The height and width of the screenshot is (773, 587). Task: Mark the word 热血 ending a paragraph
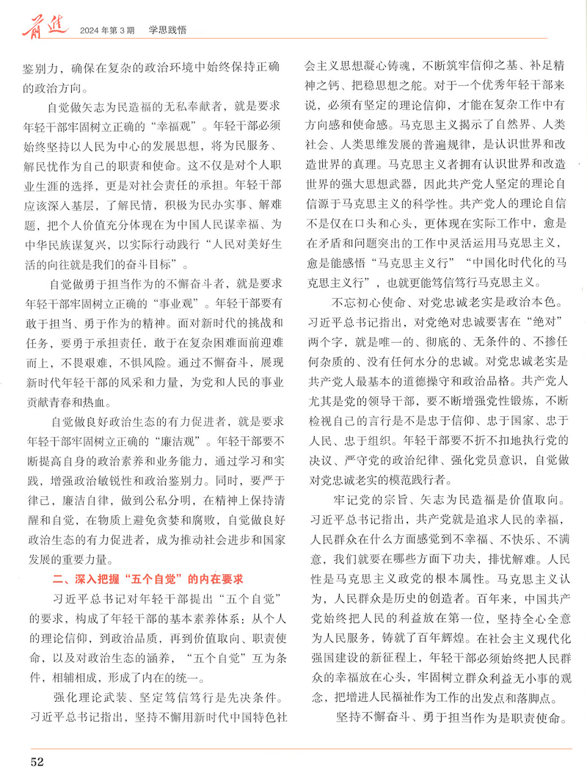(97, 404)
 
